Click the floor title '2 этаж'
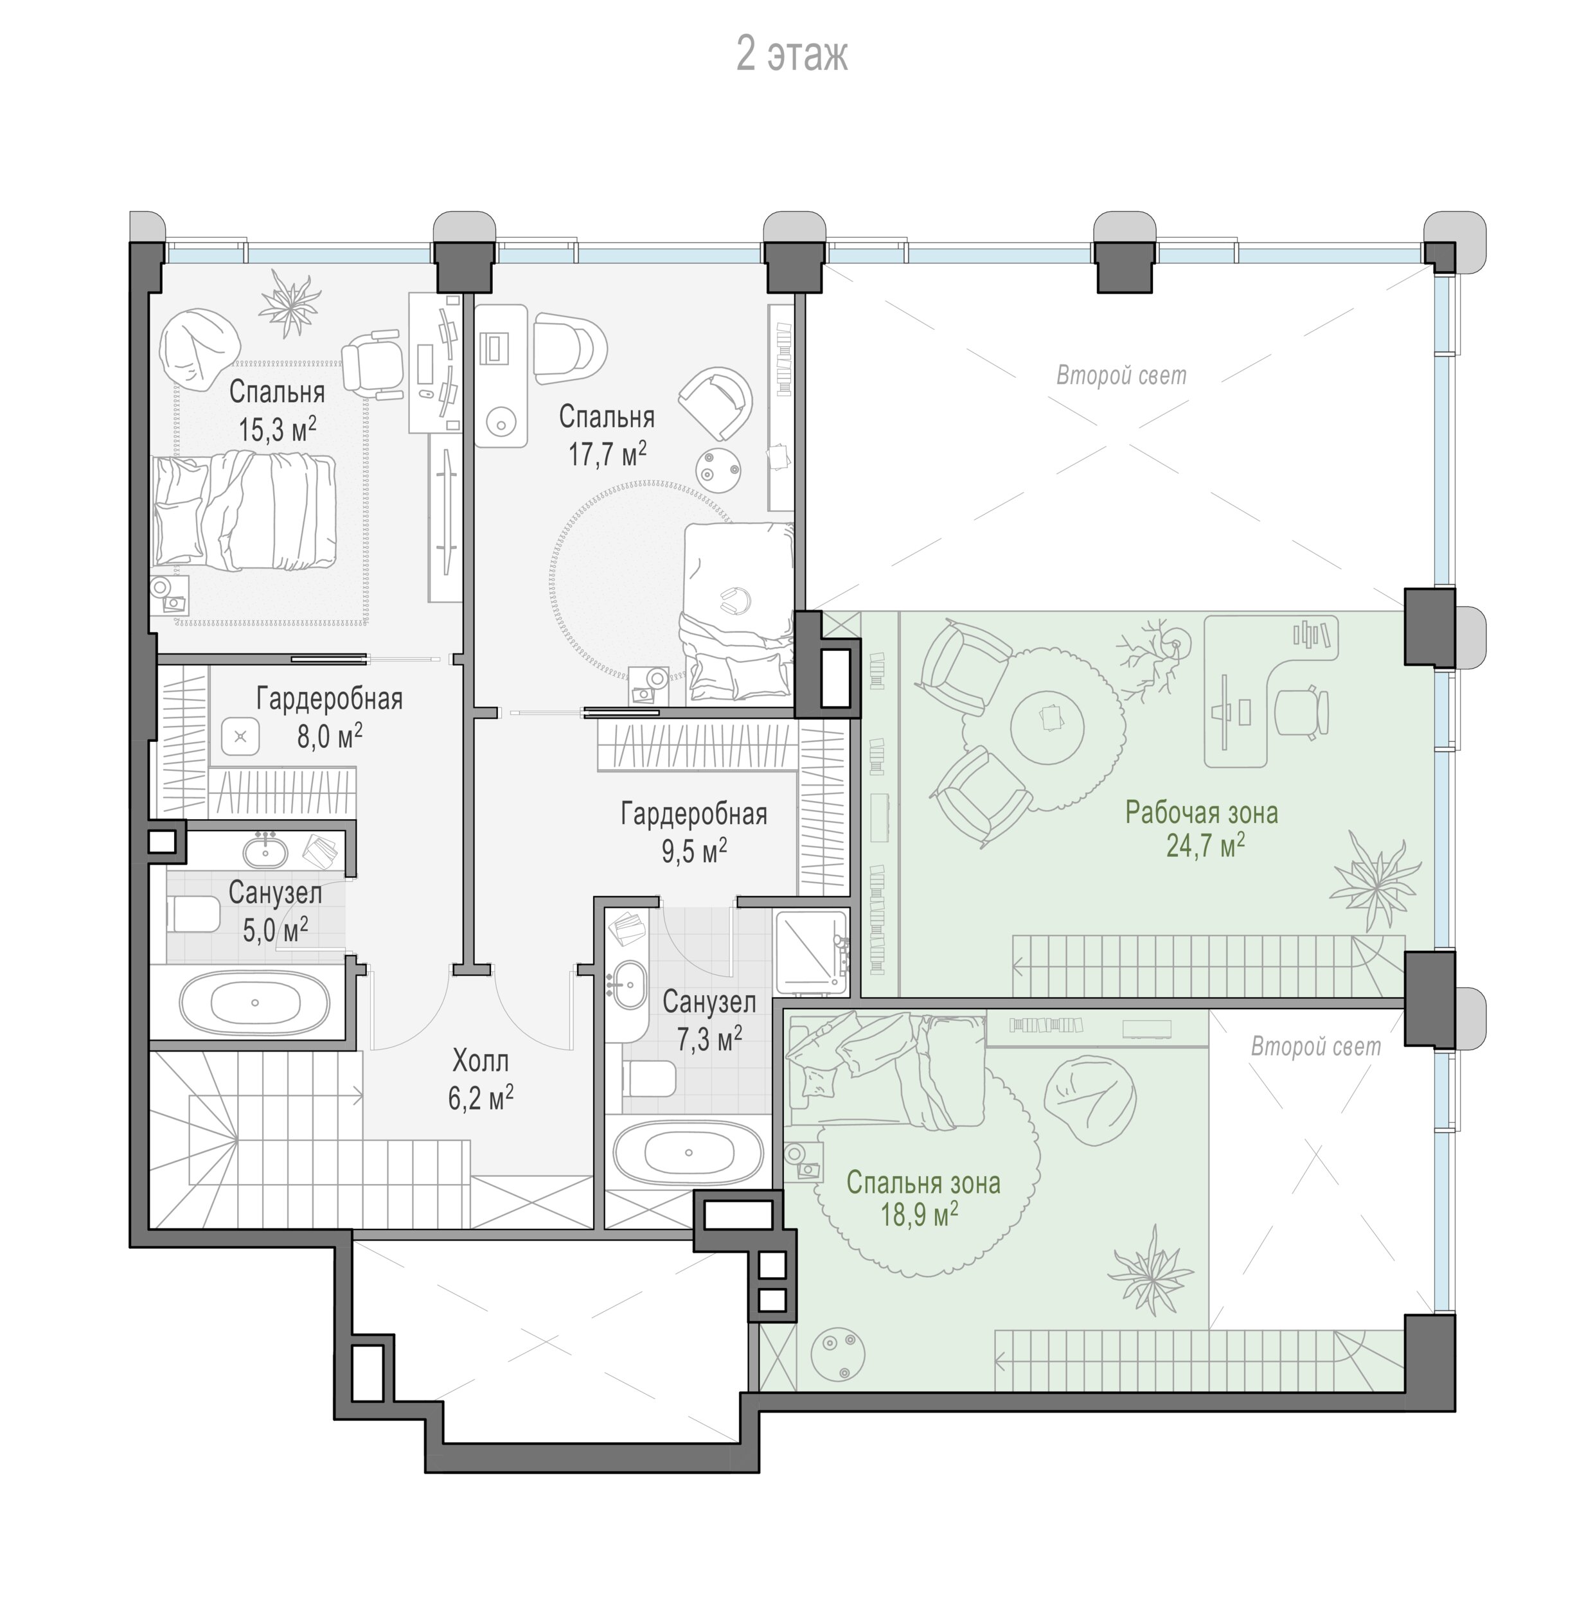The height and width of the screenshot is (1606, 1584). pos(792,55)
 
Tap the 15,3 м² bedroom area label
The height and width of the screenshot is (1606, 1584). pos(277,429)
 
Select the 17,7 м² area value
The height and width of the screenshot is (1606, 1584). pos(607,454)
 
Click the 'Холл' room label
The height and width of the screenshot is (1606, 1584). pos(481,1061)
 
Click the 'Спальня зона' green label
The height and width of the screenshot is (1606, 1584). pos(923,1183)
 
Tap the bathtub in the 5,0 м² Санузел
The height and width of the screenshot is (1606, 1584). pos(254,1002)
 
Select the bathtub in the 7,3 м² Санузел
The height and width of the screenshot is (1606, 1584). pos(688,1152)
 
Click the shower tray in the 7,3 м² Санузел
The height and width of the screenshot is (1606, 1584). pos(811,953)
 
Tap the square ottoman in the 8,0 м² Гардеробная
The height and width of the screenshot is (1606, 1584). pos(241,736)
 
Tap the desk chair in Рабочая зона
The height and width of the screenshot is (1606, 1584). pos(1302,712)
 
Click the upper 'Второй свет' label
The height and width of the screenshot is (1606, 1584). pos(1121,376)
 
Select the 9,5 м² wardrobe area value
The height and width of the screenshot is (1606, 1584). pos(694,851)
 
